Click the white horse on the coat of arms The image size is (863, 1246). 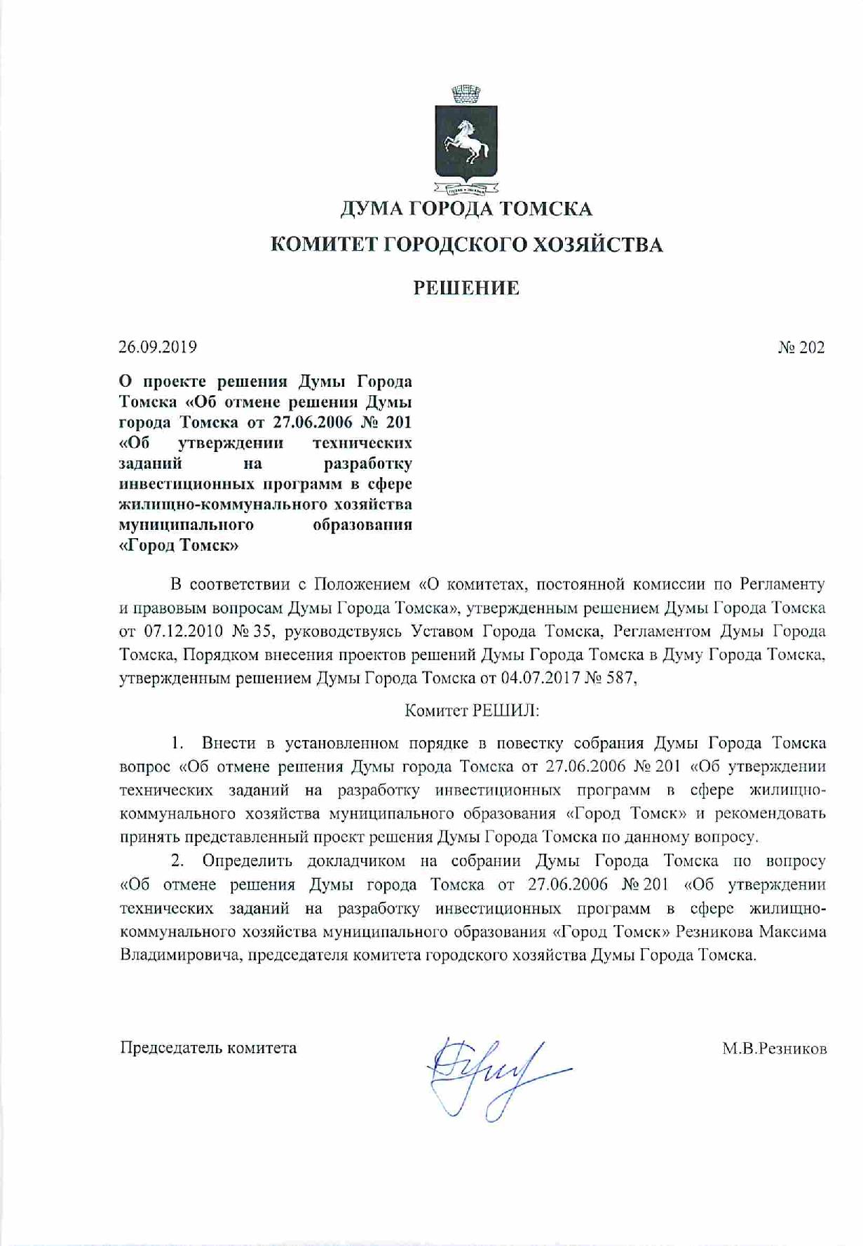466,139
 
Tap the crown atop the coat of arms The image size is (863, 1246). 466,93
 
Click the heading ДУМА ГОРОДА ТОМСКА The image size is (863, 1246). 466,209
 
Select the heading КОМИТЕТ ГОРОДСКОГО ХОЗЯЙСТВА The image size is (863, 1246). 466,245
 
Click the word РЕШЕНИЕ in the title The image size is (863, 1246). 466,288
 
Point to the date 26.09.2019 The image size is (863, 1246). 158,347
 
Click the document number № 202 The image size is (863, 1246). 801,348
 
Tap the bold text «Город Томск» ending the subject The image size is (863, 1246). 179,545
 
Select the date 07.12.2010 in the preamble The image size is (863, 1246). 184,631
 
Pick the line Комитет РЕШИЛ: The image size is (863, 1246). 472,711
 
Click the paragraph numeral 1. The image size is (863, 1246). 177,743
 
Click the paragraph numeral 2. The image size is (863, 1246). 177,861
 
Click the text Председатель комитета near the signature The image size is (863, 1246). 208,1048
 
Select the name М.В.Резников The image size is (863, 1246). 775,1049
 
